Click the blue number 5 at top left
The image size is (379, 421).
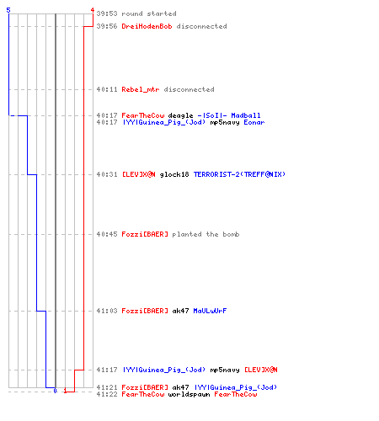pos(8,10)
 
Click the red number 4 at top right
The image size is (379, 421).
pos(93,10)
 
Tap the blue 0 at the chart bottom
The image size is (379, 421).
pos(55,391)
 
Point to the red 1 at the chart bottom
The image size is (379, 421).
pos(65,391)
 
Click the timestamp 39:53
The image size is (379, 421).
pos(107,13)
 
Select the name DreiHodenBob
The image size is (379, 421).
pos(147,26)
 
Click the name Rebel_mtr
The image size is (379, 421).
pos(141,89)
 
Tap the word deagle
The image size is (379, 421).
pos(180,115)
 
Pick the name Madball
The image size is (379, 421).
pos(246,115)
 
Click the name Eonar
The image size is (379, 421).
pos(254,122)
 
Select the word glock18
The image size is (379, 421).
pos(174,174)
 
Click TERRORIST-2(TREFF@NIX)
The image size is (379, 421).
pos(239,174)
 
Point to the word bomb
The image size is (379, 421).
pos(231,234)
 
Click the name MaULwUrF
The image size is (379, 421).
pos(210,311)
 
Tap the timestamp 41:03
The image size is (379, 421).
pos(107,311)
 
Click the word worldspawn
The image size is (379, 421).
pos(189,394)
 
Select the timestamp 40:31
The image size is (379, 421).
pos(107,174)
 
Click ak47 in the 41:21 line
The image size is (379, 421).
pos(180,387)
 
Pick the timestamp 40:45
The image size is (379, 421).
pos(107,234)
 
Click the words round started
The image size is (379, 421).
pos(149,13)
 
